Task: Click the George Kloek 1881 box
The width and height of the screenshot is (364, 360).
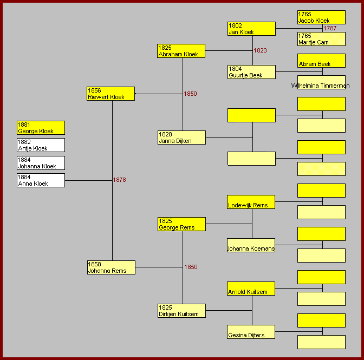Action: (41, 128)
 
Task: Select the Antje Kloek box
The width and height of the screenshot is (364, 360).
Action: (41, 145)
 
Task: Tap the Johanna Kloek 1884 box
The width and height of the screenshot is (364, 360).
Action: (41, 163)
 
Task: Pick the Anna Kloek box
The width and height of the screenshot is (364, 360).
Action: (41, 180)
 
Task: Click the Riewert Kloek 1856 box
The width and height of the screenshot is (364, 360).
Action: (110, 94)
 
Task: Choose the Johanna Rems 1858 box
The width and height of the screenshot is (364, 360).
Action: (111, 267)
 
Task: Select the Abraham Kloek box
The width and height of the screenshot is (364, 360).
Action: (181, 51)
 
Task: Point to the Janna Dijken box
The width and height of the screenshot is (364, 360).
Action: (181, 138)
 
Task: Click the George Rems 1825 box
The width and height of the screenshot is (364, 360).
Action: (181, 224)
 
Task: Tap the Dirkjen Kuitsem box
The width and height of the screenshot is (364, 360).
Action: (181, 311)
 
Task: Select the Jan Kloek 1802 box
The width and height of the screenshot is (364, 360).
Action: (251, 29)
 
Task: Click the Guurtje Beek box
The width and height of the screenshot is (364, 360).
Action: (251, 72)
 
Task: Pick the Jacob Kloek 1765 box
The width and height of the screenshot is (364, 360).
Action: (321, 17)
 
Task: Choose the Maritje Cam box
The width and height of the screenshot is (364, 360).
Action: (321, 39)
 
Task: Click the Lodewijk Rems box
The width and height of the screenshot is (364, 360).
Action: (251, 202)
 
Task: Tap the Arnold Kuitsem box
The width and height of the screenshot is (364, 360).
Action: (251, 289)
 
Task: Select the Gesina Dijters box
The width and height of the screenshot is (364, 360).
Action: (251, 332)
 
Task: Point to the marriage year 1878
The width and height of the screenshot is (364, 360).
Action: (119, 180)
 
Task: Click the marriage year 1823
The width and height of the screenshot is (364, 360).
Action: (261, 50)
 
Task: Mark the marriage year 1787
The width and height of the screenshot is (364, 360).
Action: (330, 28)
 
